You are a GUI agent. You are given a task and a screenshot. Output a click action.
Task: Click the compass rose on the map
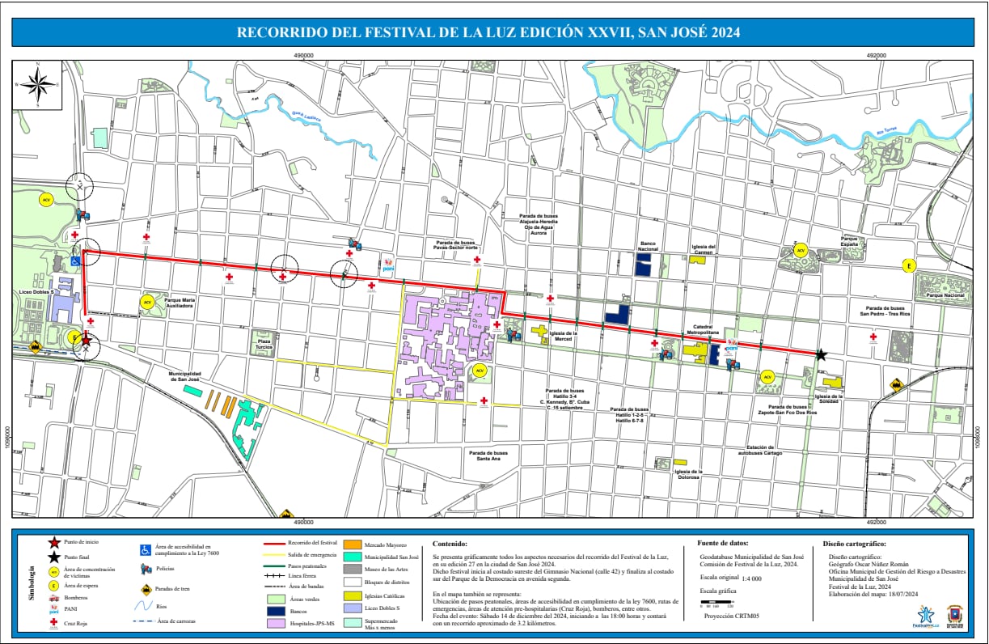(38, 84)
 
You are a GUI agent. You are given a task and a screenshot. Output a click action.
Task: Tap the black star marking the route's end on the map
(821, 354)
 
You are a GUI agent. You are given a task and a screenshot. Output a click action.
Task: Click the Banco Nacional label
(648, 246)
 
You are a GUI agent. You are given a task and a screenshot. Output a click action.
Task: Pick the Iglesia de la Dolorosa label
(688, 475)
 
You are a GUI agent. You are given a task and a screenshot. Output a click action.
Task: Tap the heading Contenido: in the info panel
(450, 544)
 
